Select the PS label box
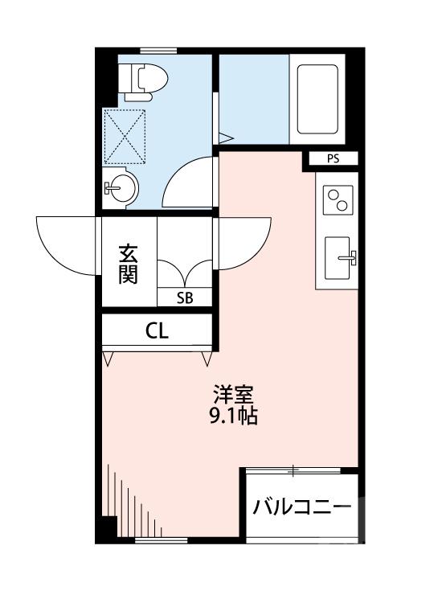[x=332, y=158]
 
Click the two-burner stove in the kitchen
[x=337, y=199]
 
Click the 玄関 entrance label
[x=129, y=263]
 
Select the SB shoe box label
[x=185, y=297]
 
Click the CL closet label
[x=158, y=330]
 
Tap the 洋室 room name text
[x=234, y=396]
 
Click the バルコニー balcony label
[x=301, y=508]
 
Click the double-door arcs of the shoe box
[x=185, y=272]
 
